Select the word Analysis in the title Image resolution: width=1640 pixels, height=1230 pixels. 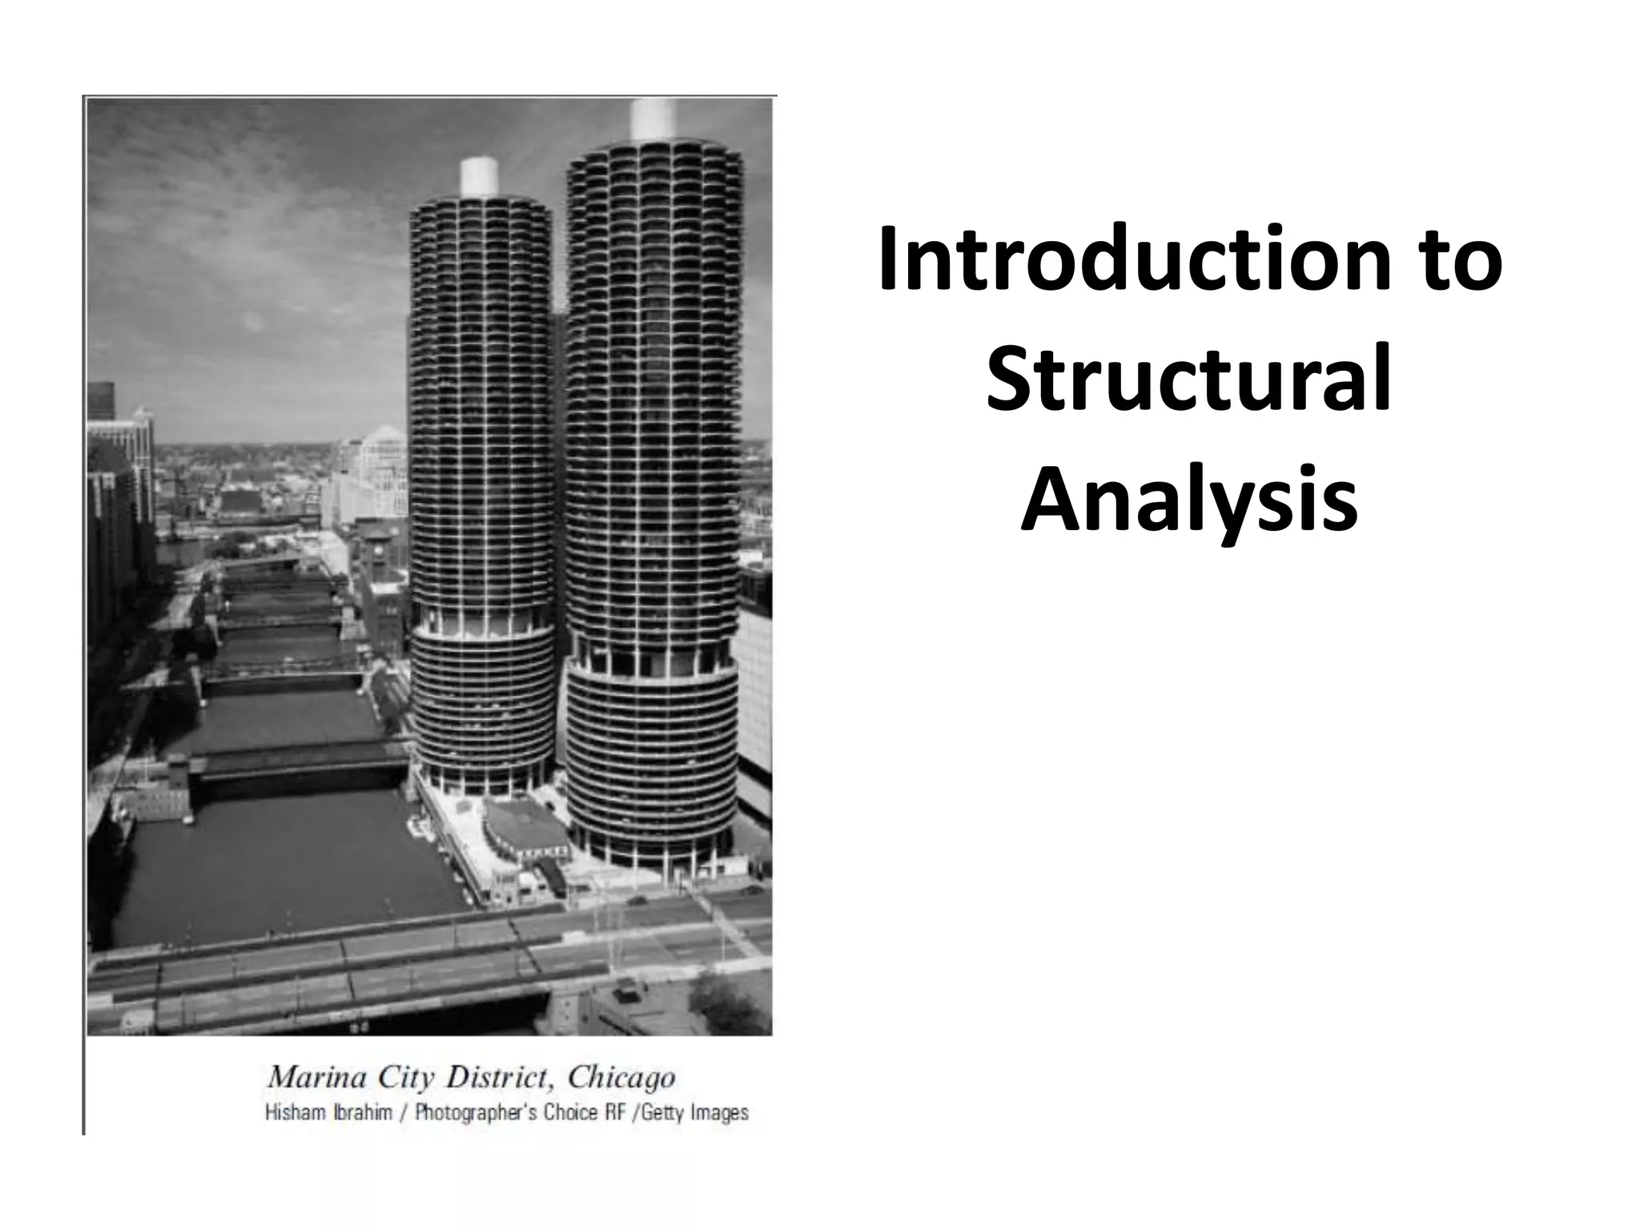(x=1189, y=502)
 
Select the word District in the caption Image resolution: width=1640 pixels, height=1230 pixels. (x=499, y=1077)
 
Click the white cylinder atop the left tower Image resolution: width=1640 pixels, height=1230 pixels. (x=479, y=176)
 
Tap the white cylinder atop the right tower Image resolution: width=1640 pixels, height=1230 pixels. (x=654, y=119)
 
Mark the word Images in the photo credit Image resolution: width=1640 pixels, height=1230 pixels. (x=720, y=1114)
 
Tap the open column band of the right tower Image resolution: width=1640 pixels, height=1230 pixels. (x=652, y=659)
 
